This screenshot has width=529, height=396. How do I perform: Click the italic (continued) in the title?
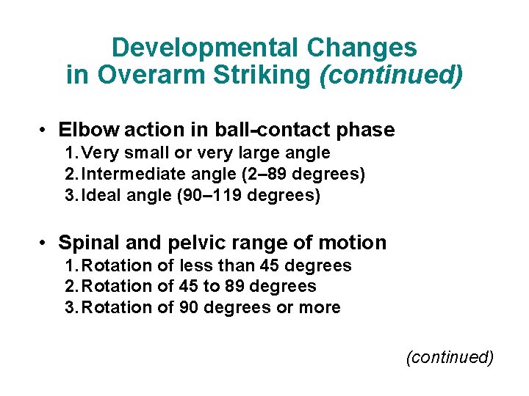point(391,76)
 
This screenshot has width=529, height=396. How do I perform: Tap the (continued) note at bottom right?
point(450,357)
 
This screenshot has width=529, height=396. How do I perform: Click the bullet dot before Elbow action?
point(45,131)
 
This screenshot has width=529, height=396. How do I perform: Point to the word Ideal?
point(102,197)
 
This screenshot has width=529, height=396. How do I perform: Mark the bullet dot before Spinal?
point(45,243)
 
